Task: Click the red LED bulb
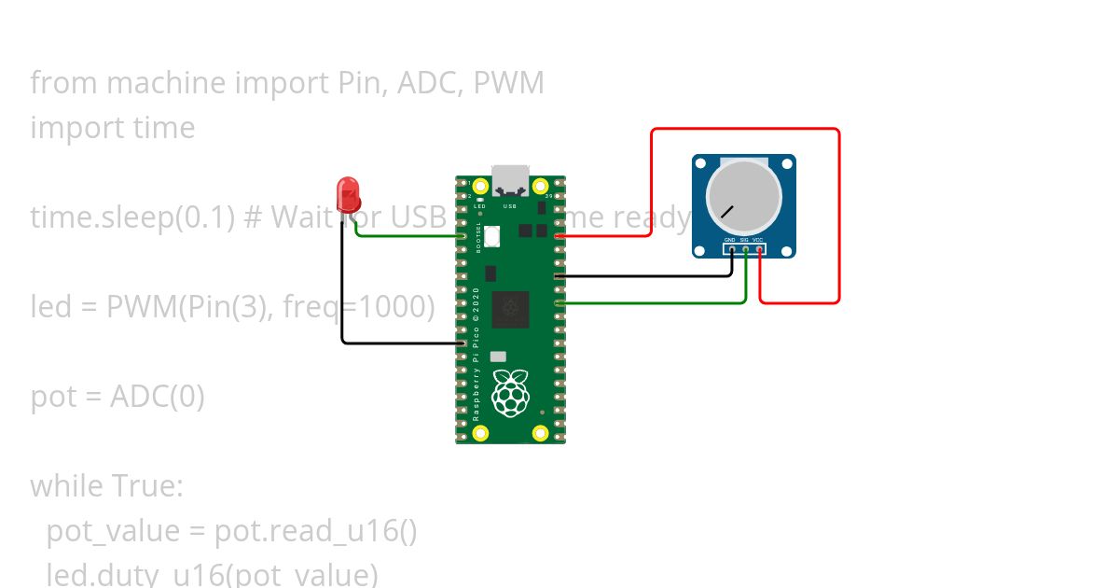(x=350, y=194)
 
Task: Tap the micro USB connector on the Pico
(x=510, y=179)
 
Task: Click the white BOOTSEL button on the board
(x=492, y=235)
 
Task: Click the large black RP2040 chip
(x=510, y=310)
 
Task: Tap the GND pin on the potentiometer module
(x=731, y=249)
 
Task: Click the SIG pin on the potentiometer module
(x=745, y=249)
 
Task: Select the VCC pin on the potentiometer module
(x=759, y=249)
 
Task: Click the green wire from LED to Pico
(x=410, y=235)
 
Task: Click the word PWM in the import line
(x=508, y=83)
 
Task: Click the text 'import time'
(x=113, y=128)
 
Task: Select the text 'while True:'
(x=107, y=486)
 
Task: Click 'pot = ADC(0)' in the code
(x=117, y=397)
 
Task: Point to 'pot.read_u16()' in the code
(x=315, y=531)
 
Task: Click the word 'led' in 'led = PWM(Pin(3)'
(x=49, y=306)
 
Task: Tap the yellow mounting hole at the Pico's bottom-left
(x=480, y=432)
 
